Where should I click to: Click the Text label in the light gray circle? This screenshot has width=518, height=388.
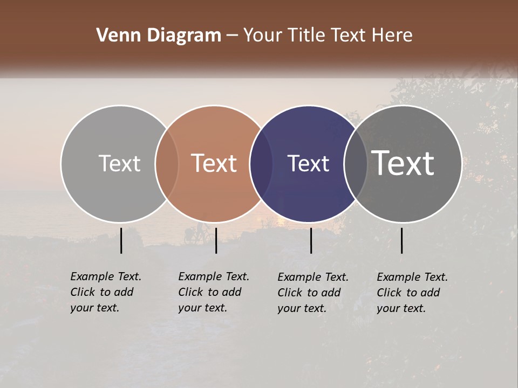(119, 163)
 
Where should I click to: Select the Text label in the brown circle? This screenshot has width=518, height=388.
(214, 163)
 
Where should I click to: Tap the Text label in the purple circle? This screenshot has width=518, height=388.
(308, 163)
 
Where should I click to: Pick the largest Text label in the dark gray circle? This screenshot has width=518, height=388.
(403, 163)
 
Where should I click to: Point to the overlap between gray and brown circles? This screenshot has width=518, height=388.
(167, 163)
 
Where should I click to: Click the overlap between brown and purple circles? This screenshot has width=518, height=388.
(261, 163)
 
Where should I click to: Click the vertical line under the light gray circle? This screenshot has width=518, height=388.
(121, 240)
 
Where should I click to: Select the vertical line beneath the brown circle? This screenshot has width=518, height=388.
(216, 240)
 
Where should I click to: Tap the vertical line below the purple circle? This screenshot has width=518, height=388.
(311, 240)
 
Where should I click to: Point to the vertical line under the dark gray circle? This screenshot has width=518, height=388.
(402, 240)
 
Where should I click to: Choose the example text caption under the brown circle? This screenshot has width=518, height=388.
(213, 292)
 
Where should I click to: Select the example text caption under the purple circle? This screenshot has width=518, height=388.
(312, 293)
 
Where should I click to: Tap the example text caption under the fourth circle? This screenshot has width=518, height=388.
(412, 293)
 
